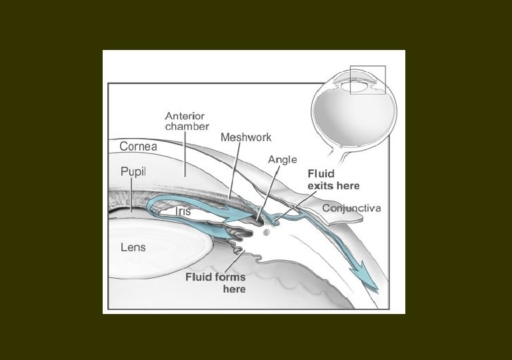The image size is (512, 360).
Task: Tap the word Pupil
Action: pyautogui.click(x=133, y=171)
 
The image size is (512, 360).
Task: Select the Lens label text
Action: pyautogui.click(x=133, y=247)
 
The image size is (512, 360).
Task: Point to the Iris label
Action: pyautogui.click(x=183, y=211)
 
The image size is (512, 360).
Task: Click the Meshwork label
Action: pyautogui.click(x=246, y=137)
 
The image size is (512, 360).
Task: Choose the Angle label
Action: pyautogui.click(x=282, y=160)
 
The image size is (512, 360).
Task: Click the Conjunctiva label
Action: pyautogui.click(x=351, y=209)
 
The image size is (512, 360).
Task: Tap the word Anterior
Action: pyautogui.click(x=185, y=115)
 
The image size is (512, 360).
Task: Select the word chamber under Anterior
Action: pyautogui.click(x=187, y=126)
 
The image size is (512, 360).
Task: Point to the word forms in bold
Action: pyautogui.click(x=229, y=277)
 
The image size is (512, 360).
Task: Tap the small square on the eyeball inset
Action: pyautogui.click(x=367, y=80)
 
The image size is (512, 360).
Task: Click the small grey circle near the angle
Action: pyautogui.click(x=267, y=232)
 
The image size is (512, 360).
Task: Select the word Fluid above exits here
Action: pyautogui.click(x=320, y=173)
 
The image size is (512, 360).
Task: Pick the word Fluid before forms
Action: pyautogui.click(x=198, y=277)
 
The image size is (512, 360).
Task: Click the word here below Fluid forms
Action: pyautogui.click(x=234, y=289)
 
